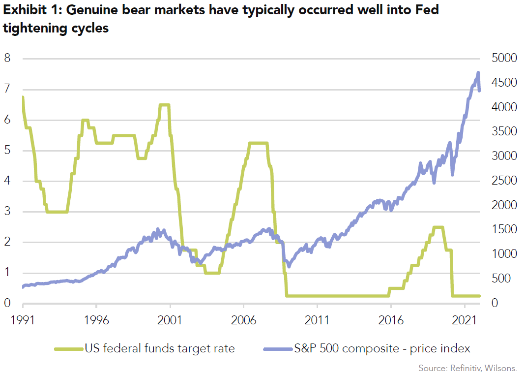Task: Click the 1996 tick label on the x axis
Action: [x=96, y=320]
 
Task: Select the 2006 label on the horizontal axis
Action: [x=243, y=320]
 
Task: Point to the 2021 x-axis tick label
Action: [x=465, y=320]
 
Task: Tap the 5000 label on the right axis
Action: [x=503, y=59]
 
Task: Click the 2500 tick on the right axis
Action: [x=503, y=181]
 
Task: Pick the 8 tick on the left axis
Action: [x=7, y=59]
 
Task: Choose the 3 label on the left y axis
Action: [x=7, y=212]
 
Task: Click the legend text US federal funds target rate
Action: [x=160, y=349]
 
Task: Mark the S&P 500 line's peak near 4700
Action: [x=478, y=73]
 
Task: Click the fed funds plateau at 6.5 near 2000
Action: [x=164, y=105]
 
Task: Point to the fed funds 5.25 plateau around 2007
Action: [x=258, y=143]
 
